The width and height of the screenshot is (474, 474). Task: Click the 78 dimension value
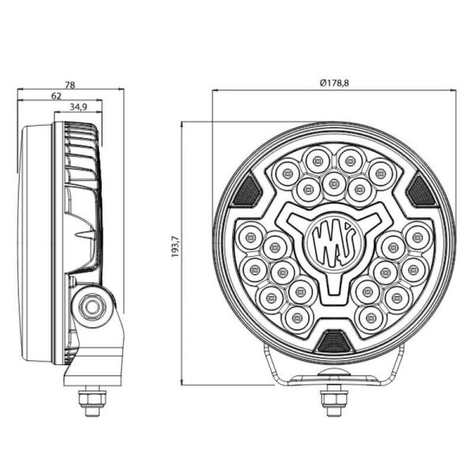point(70,84)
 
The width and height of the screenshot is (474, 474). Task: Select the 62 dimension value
point(56,95)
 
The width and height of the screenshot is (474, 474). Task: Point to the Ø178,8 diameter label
point(335,84)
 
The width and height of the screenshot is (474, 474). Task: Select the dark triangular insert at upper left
point(249,190)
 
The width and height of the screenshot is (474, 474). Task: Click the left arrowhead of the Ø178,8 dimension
point(216,90)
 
